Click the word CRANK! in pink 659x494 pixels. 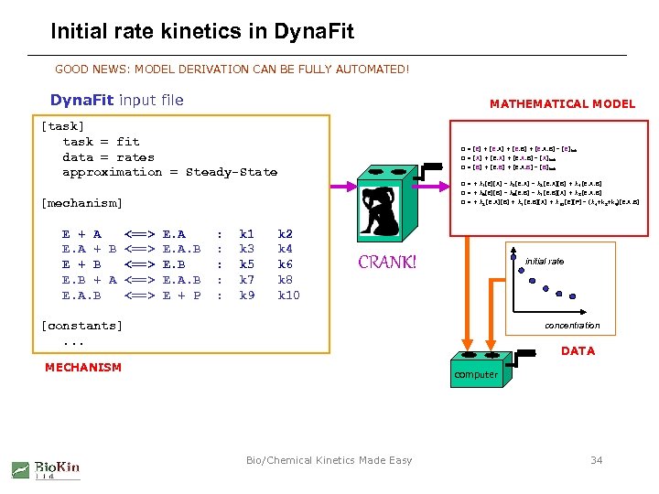point(387,263)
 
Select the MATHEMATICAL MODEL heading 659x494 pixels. point(562,103)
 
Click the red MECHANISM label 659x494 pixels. point(82,367)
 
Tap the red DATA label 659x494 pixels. point(578,350)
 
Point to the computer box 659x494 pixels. point(476,374)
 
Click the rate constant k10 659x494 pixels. point(288,295)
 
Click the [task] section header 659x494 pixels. point(62,126)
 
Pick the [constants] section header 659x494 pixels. point(81,325)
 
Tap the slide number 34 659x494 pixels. point(596,460)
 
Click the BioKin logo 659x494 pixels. point(46,470)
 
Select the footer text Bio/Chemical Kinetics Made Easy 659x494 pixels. point(329,460)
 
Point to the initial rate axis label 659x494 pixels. point(545,261)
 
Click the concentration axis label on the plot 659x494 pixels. point(572,325)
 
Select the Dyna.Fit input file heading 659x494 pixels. point(116,100)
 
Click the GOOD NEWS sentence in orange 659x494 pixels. point(232,69)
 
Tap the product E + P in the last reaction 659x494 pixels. point(181,295)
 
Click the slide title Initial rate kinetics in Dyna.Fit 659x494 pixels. point(201,33)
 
